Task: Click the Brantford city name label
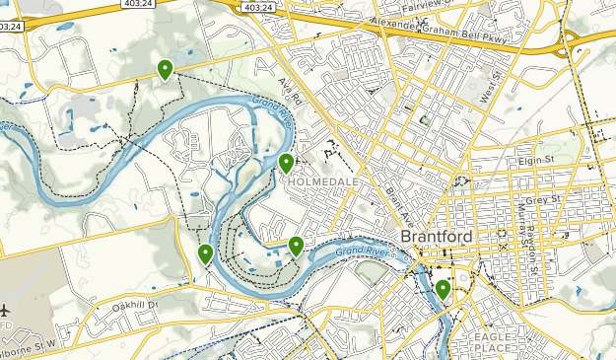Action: pos(437,239)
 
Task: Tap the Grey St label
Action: pos(542,199)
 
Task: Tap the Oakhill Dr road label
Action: pos(134,305)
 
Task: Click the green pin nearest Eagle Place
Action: pos(444,289)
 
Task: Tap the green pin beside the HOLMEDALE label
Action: pos(286,163)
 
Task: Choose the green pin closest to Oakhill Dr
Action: pos(205,253)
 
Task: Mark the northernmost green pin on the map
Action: pos(165,68)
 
